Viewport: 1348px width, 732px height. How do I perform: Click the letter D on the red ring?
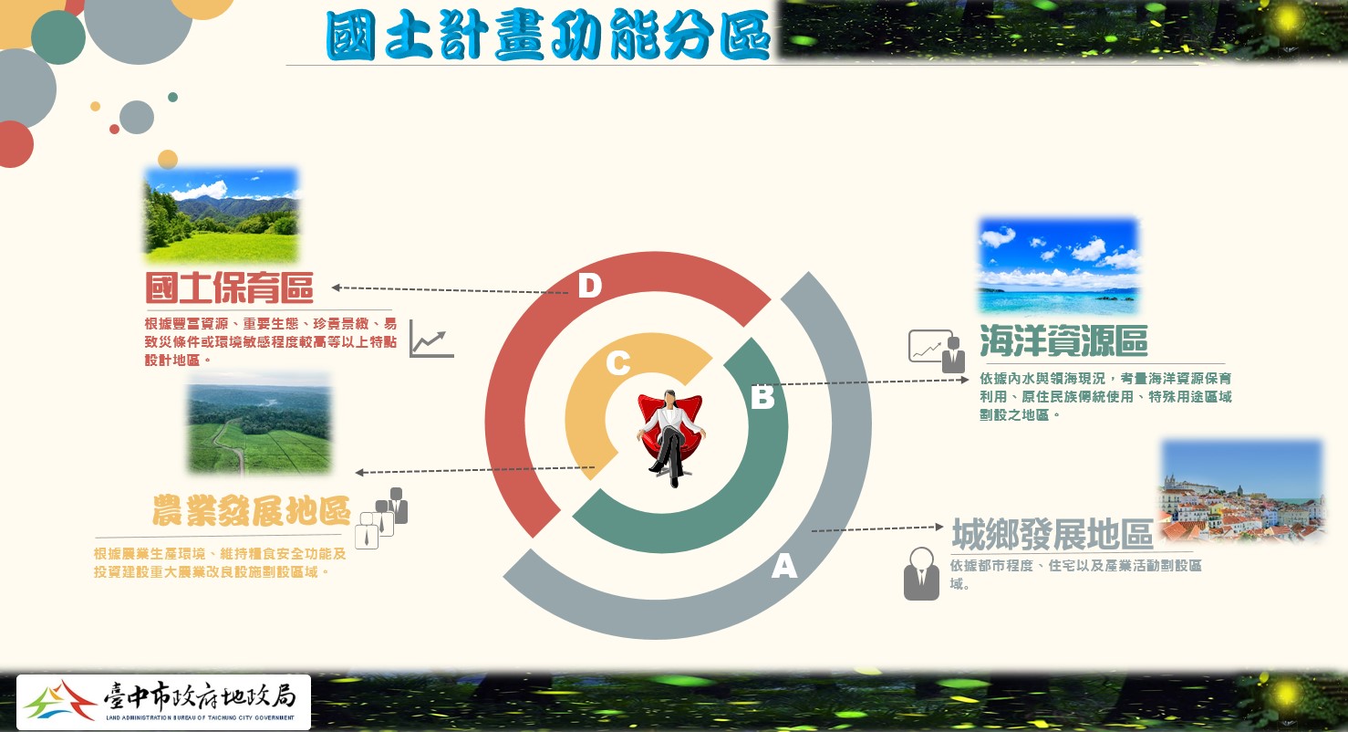tap(590, 286)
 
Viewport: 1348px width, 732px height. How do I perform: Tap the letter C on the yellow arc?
tap(618, 363)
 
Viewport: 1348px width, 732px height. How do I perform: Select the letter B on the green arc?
tap(763, 397)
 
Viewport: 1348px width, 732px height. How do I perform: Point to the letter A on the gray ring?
tap(784, 566)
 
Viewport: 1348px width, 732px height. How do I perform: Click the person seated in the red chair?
tap(671, 438)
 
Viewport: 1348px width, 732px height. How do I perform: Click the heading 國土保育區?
tap(229, 288)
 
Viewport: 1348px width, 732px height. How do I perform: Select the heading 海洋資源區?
tap(1063, 340)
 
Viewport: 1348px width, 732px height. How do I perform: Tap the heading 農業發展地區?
tap(252, 511)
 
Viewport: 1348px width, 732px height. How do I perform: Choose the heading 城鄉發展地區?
tap(1052, 534)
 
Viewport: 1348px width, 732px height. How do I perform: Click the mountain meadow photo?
tap(222, 215)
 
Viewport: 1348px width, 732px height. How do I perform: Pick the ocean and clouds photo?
tap(1059, 266)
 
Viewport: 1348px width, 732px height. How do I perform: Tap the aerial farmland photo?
tap(259, 424)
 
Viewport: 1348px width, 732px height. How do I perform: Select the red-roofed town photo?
tap(1243, 490)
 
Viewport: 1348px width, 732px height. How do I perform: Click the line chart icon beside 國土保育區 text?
tap(431, 339)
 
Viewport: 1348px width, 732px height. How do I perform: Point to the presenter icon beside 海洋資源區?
tap(937, 350)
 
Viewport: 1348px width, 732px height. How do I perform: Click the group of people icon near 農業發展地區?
tap(381, 518)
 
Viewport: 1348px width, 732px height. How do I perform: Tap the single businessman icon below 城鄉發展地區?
tap(921, 573)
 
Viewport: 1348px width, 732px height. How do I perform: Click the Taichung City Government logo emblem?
tap(59, 702)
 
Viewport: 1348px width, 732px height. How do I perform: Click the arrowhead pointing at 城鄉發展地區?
tap(939, 528)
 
